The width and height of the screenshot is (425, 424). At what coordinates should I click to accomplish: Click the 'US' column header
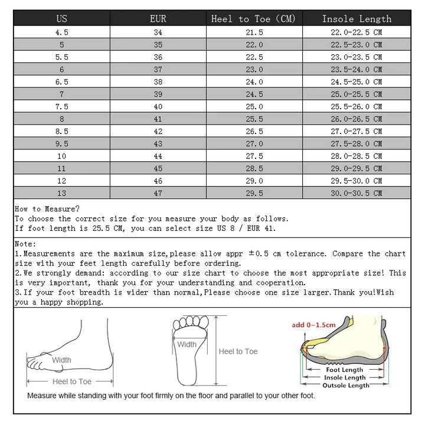(61, 19)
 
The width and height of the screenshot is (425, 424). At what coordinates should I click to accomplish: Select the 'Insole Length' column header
(357, 19)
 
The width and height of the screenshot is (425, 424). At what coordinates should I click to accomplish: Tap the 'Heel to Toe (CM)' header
(253, 19)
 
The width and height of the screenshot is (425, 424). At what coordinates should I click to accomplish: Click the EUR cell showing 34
(158, 32)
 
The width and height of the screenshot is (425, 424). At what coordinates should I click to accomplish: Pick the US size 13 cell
(61, 193)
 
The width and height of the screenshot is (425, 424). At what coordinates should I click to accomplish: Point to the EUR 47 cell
(158, 193)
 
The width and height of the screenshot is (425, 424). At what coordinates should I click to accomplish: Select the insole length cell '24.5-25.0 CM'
(357, 82)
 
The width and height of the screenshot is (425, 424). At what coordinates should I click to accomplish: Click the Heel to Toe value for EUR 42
(254, 131)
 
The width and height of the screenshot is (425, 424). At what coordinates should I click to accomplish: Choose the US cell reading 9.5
(61, 143)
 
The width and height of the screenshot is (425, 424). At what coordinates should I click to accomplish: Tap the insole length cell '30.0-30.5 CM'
(357, 193)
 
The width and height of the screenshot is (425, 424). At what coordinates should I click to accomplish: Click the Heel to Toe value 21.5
(254, 32)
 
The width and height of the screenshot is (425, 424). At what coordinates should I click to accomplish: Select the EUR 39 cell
(158, 94)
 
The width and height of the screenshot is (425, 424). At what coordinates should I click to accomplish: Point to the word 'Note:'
(25, 243)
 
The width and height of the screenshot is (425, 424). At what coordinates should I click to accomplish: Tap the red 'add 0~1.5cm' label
(313, 325)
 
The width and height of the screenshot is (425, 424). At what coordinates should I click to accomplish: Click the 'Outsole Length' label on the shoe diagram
(345, 386)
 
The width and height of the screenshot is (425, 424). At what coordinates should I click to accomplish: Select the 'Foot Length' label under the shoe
(345, 370)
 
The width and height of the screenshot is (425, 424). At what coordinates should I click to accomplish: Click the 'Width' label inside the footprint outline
(187, 344)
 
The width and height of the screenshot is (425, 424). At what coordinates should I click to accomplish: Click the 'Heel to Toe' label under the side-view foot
(72, 381)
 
